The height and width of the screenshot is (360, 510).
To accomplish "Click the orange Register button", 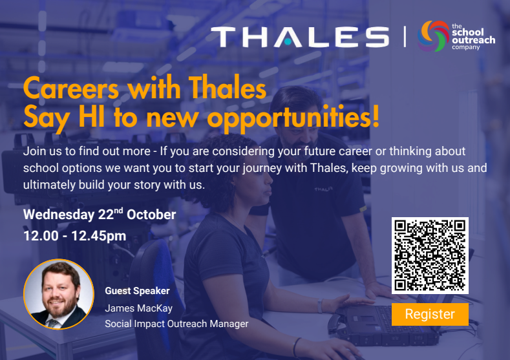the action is pyautogui.click(x=430, y=314).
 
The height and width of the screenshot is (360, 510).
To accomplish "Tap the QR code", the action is pyautogui.click(x=430, y=255).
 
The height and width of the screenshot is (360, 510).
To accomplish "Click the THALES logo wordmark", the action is pyautogui.click(x=300, y=37).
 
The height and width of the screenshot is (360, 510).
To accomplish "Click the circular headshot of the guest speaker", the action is pyautogui.click(x=59, y=294).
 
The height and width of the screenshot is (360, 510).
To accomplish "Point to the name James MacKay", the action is pyautogui.click(x=138, y=308).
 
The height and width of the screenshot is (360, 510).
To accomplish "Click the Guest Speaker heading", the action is pyautogui.click(x=137, y=291).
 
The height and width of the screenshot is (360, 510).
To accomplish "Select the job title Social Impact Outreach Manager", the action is pyautogui.click(x=176, y=324).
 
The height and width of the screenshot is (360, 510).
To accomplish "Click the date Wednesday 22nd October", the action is pyautogui.click(x=100, y=215).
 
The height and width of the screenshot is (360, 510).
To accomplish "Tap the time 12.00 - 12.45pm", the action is pyautogui.click(x=74, y=236).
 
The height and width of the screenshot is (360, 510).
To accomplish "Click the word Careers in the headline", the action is pyautogui.click(x=71, y=89).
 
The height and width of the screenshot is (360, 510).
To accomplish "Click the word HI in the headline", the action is pyautogui.click(x=92, y=117).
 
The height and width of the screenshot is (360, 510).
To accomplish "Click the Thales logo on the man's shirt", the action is pyautogui.click(x=323, y=189).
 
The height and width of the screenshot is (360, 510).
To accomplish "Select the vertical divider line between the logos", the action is pyautogui.click(x=405, y=36).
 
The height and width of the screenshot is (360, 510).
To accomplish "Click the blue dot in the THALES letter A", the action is pyautogui.click(x=288, y=41).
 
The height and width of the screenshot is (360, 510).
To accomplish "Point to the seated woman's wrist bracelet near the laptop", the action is pyautogui.click(x=320, y=306).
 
